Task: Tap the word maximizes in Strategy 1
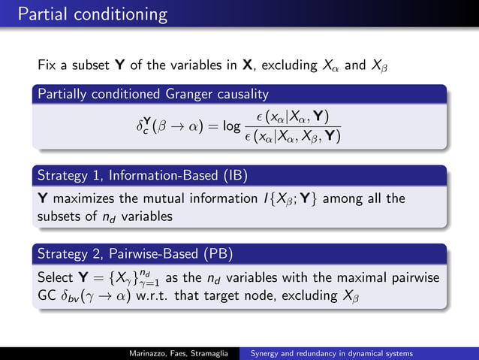(83, 199)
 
